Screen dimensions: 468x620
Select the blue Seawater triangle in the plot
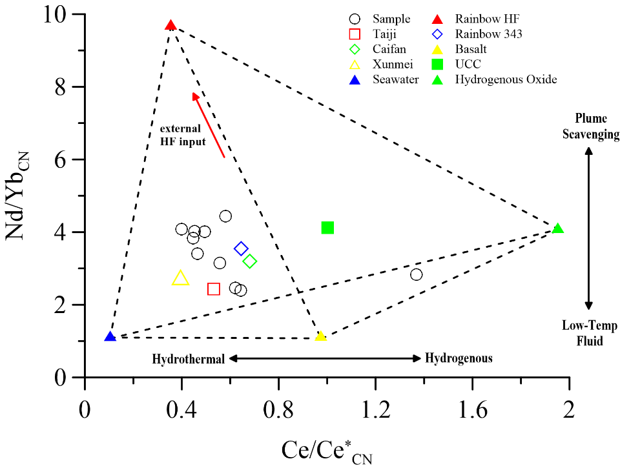point(110,337)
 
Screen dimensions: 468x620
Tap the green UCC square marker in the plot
point(327,227)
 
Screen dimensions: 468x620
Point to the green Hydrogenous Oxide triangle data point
point(558,229)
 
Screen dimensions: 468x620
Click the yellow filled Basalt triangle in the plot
point(320,336)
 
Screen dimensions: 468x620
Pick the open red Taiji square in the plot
point(214,289)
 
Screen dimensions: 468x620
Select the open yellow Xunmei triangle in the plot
point(181,278)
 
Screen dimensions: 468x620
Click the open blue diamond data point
point(242,249)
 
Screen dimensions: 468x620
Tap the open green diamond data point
point(250,261)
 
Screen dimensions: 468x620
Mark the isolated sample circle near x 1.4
point(417,274)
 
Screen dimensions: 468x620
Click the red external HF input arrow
point(209,125)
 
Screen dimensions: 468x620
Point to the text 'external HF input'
point(183,134)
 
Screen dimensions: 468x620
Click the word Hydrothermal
point(189,359)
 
